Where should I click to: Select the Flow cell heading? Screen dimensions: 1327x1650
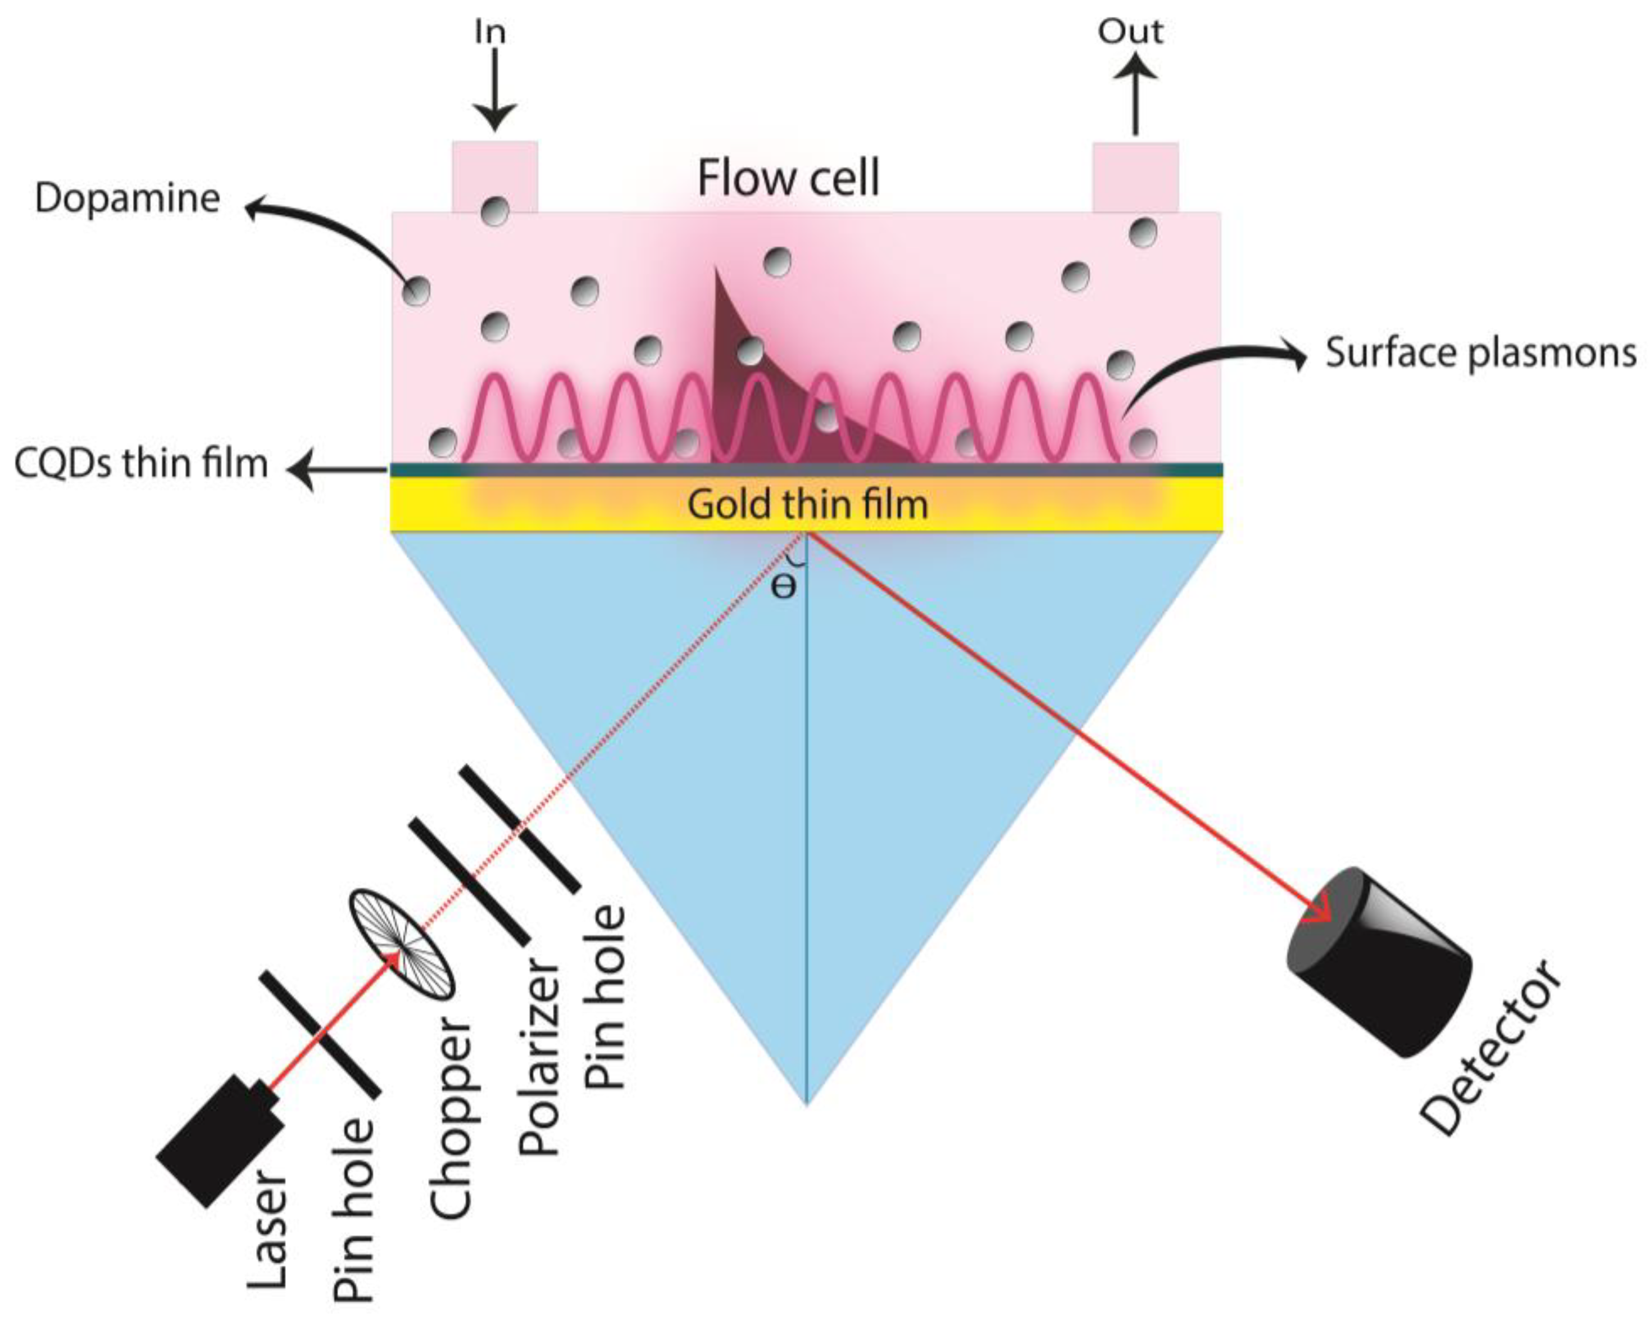pyautogui.click(x=788, y=178)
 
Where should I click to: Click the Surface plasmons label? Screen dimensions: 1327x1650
pyautogui.click(x=1480, y=353)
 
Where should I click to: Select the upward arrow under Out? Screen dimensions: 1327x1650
pyautogui.click(x=1135, y=95)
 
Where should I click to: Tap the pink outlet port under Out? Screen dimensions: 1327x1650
pyautogui.click(x=1135, y=176)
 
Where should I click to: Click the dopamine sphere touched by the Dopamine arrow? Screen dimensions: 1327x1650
pyautogui.click(x=417, y=291)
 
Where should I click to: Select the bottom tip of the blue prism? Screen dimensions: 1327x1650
pyautogui.click(x=807, y=1103)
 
